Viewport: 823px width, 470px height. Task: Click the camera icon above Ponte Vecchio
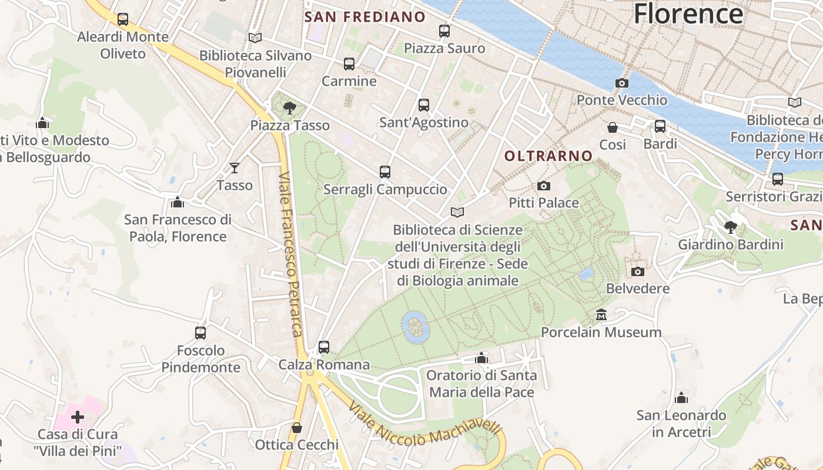point(621,83)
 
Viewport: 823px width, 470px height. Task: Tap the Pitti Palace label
point(544,203)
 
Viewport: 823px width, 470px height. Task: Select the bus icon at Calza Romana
point(324,347)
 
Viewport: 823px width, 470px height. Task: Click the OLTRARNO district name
point(548,156)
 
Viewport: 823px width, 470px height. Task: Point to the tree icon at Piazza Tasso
point(289,108)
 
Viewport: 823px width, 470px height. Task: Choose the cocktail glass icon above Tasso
point(235,168)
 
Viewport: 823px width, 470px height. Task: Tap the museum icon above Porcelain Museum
point(601,315)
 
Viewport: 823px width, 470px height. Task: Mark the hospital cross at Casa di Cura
point(78,417)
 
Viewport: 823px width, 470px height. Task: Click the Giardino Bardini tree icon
point(731,227)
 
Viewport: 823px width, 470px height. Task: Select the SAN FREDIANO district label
point(364,17)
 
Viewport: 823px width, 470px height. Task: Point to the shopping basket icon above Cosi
point(613,127)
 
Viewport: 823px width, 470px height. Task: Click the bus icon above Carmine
point(349,64)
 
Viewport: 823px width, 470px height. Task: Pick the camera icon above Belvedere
point(638,271)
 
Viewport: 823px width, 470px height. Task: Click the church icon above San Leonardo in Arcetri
point(681,398)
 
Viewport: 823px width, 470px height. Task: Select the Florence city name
point(688,14)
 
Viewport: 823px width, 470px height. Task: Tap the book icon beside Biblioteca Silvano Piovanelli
point(255,38)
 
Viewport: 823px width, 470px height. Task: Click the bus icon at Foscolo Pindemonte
point(200,333)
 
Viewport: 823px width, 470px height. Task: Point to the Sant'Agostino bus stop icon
point(424,106)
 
